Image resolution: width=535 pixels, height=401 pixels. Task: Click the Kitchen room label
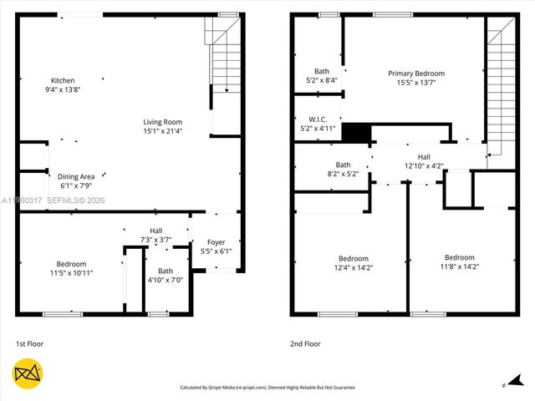[63, 81]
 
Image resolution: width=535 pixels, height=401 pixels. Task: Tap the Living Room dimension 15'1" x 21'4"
[162, 130]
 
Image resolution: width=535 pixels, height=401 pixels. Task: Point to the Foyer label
[216, 243]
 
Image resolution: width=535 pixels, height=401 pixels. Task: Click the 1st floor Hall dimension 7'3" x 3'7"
[155, 240]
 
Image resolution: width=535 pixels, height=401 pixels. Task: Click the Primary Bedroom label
[416, 74]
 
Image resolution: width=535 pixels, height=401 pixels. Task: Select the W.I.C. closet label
[318, 119]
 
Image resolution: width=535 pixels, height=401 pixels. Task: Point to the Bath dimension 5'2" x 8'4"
[321, 80]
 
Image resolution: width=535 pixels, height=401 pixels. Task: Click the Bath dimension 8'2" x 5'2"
[343, 174]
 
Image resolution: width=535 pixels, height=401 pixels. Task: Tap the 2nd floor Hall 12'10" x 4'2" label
[424, 165]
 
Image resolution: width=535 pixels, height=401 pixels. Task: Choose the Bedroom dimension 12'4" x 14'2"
[353, 266]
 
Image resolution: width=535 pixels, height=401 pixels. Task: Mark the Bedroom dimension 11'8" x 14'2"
[459, 266]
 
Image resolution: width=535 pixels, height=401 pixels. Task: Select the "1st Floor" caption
[29, 343]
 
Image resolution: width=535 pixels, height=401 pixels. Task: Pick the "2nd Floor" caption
[305, 343]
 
